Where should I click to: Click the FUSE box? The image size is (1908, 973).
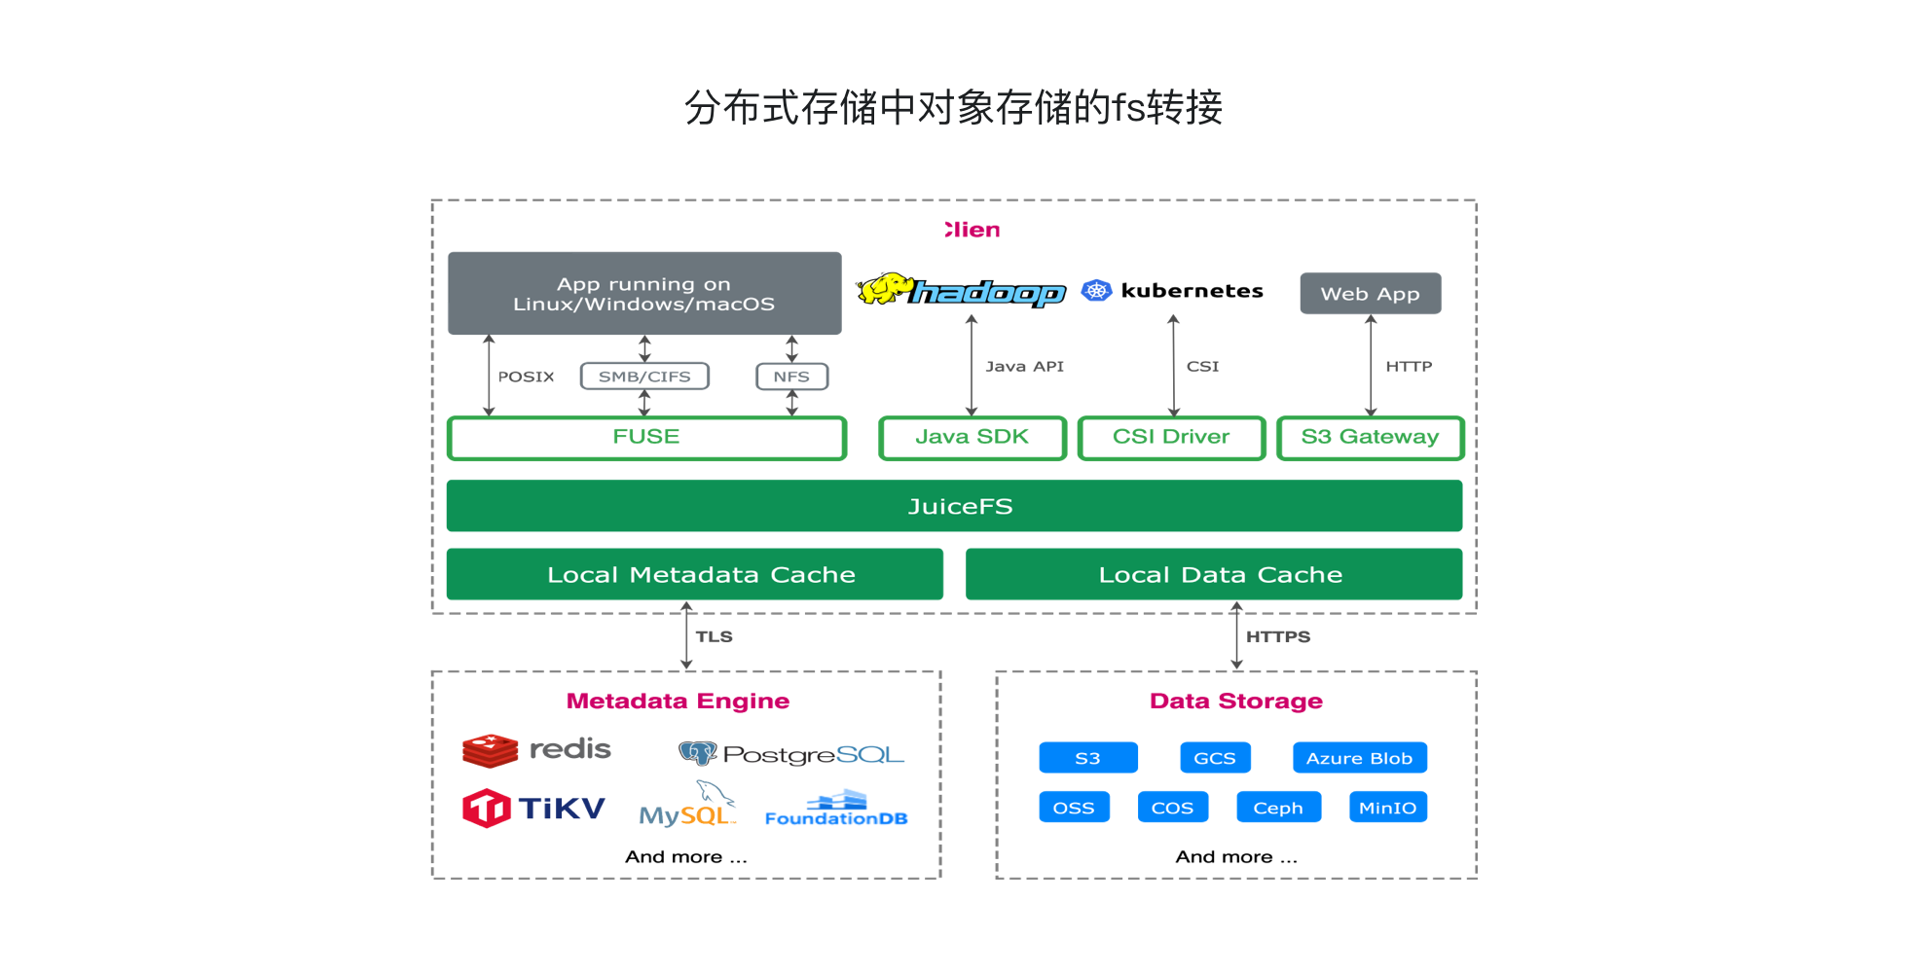pyautogui.click(x=646, y=438)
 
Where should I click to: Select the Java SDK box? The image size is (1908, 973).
pyautogui.click(x=972, y=438)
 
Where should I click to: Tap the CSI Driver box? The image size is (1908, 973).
pyautogui.click(x=1171, y=438)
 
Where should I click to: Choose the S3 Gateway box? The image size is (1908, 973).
pyautogui.click(x=1370, y=438)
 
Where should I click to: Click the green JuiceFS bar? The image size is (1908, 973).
pyautogui.click(x=954, y=506)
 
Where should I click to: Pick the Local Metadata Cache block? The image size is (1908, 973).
pyautogui.click(x=694, y=574)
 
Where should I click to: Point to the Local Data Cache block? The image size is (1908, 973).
pyautogui.click(x=1213, y=574)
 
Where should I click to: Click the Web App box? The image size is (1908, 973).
pyautogui.click(x=1370, y=294)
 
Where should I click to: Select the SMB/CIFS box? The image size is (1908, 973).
pyautogui.click(x=644, y=377)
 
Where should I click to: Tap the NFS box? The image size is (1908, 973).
pyautogui.click(x=791, y=377)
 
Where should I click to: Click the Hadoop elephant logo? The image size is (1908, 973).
pyautogui.click(x=883, y=289)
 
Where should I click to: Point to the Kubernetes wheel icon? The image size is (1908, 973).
pyautogui.click(x=1097, y=290)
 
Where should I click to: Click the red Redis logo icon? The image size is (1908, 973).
pyautogui.click(x=490, y=750)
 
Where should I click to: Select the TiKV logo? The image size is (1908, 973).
pyautogui.click(x=534, y=809)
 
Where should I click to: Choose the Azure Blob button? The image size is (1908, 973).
pyautogui.click(x=1359, y=758)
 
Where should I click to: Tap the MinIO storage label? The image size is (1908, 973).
pyautogui.click(x=1387, y=808)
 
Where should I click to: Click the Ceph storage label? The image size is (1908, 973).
pyautogui.click(x=1278, y=808)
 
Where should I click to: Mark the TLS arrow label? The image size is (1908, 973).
pyautogui.click(x=714, y=636)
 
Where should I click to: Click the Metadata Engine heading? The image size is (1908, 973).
pyautogui.click(x=678, y=701)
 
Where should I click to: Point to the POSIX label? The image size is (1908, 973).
pyautogui.click(x=526, y=377)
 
